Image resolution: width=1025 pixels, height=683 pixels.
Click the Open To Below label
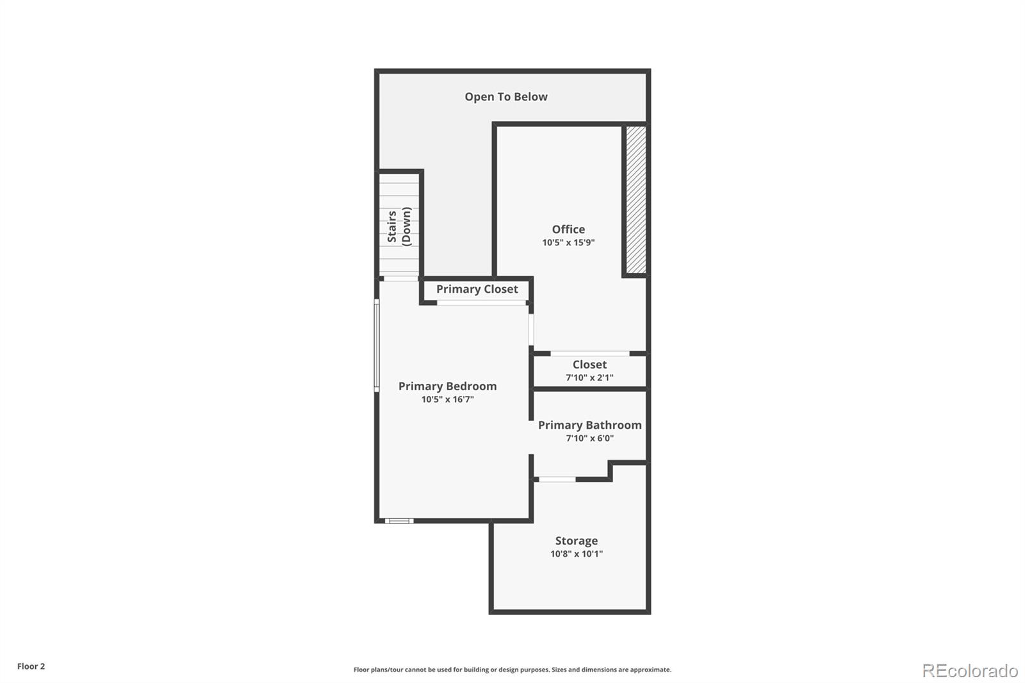pyautogui.click(x=506, y=97)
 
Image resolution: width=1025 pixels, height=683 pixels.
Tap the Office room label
pyautogui.click(x=568, y=229)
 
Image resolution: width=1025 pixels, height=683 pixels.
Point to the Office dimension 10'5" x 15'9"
pyautogui.click(x=568, y=243)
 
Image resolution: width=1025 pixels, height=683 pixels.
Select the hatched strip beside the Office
pyautogui.click(x=636, y=200)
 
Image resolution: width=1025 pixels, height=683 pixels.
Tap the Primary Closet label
pyautogui.click(x=477, y=290)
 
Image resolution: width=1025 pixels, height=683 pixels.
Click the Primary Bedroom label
pyautogui.click(x=448, y=386)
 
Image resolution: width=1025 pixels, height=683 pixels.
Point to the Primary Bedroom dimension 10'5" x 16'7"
pyautogui.click(x=448, y=400)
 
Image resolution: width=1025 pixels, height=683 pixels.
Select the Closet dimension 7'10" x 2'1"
pyautogui.click(x=589, y=377)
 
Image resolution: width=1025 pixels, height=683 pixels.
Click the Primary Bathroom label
pyautogui.click(x=590, y=425)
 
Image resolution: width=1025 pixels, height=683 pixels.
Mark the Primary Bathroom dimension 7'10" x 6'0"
pyautogui.click(x=590, y=438)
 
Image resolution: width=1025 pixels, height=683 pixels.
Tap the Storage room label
pyautogui.click(x=577, y=541)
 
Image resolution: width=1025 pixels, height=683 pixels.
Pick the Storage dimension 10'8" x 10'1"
pyautogui.click(x=577, y=554)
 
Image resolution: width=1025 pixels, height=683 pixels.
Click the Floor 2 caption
pyautogui.click(x=31, y=666)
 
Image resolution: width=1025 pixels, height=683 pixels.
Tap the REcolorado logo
pyautogui.click(x=970, y=671)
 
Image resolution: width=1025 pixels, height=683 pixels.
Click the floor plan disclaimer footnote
pyautogui.click(x=512, y=670)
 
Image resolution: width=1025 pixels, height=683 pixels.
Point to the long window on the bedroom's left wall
pyautogui.click(x=377, y=345)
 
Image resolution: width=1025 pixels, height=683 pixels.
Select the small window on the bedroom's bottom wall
pyautogui.click(x=399, y=521)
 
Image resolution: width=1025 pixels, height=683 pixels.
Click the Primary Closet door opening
pyautogui.click(x=481, y=303)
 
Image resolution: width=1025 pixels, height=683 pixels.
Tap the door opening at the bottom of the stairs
pyautogui.click(x=401, y=278)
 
